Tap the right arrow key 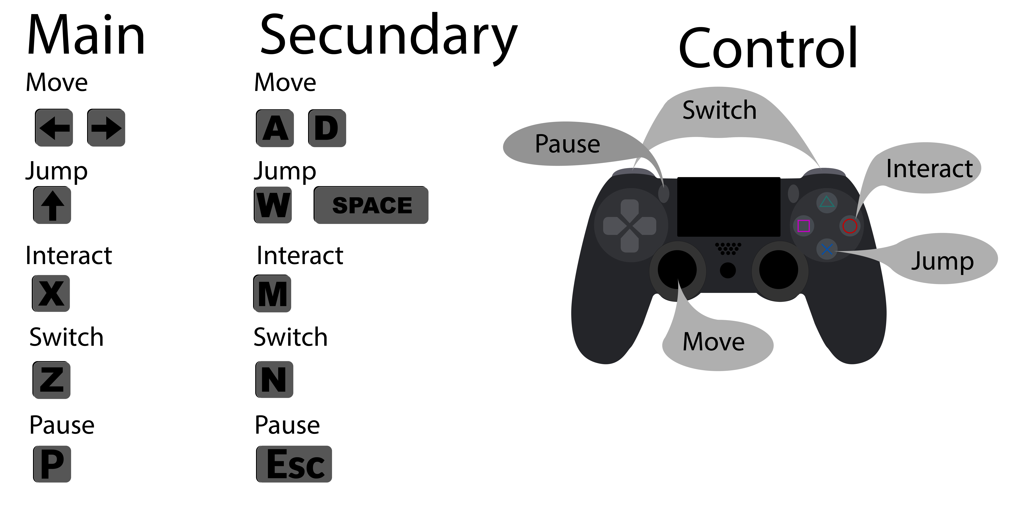pyautogui.click(x=106, y=128)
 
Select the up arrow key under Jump pyautogui.click(x=52, y=205)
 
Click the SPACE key pyautogui.click(x=371, y=205)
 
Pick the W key pyautogui.click(x=273, y=205)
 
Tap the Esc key pyautogui.click(x=294, y=464)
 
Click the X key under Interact pyautogui.click(x=51, y=294)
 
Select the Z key pyautogui.click(x=51, y=380)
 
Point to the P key pyautogui.click(x=52, y=464)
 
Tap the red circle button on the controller pyautogui.click(x=850, y=226)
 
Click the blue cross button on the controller pyautogui.click(x=827, y=250)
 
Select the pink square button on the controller pyautogui.click(x=804, y=226)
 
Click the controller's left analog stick pyautogui.click(x=677, y=270)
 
